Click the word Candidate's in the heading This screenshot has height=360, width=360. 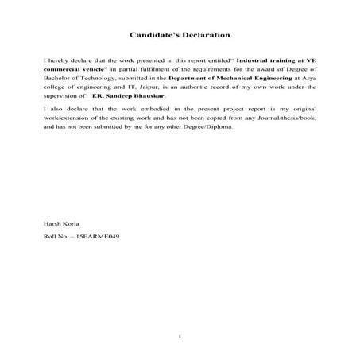(153, 35)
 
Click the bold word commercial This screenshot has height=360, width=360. (63, 71)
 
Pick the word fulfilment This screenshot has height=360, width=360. (138, 71)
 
